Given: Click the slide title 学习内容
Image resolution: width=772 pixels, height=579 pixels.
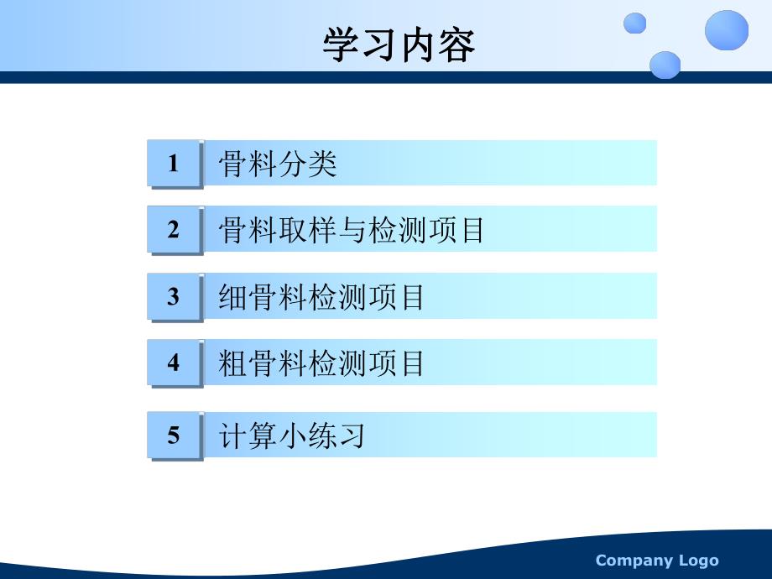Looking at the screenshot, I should click(399, 46).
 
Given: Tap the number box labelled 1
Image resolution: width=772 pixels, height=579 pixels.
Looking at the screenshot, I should click(174, 163).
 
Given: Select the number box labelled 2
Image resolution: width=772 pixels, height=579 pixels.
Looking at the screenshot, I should click(174, 229).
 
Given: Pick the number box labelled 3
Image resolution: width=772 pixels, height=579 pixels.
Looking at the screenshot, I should click(174, 296).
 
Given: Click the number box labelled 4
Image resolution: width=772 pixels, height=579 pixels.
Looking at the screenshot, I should click(174, 363).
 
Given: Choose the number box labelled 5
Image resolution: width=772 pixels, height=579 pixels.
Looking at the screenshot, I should click(174, 435).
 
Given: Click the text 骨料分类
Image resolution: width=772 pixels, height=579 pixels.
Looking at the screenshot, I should click(278, 164).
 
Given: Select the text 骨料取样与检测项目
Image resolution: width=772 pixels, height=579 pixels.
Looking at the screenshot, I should click(352, 230).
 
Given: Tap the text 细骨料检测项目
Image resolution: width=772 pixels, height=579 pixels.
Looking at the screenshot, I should click(321, 297).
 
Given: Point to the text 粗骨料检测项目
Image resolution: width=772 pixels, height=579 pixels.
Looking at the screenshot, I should click(321, 363).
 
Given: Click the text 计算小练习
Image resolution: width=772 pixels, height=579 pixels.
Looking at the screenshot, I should click(291, 436).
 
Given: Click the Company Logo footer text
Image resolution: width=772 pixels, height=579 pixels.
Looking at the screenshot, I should click(657, 561).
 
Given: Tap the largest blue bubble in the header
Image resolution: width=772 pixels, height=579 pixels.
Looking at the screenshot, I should click(726, 30).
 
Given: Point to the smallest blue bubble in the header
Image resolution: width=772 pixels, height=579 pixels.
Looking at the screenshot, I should click(635, 23).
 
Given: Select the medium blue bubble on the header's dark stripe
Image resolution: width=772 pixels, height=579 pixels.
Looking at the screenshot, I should click(665, 65).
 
